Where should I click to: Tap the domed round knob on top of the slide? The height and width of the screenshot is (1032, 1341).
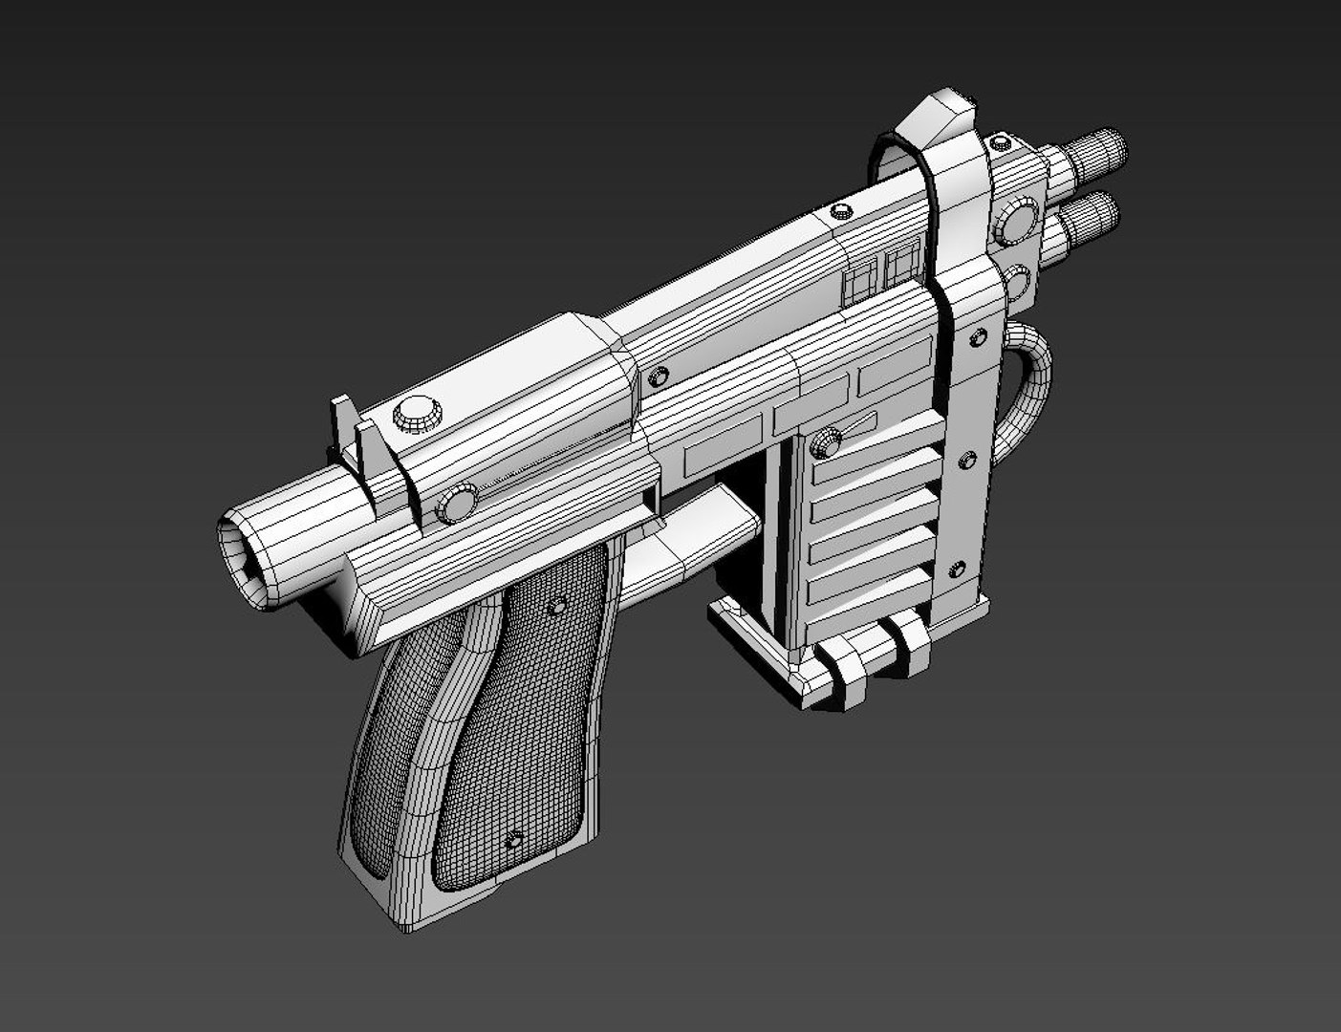coord(417,413)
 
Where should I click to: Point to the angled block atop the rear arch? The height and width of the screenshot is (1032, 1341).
coord(941,116)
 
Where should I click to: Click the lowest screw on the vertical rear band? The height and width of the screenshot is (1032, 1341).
coord(955,571)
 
